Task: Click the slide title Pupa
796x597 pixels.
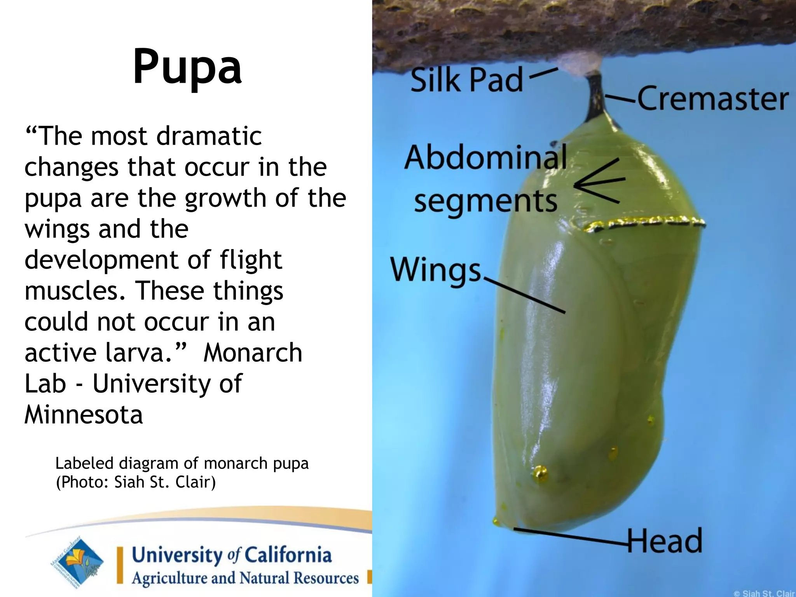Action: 187,67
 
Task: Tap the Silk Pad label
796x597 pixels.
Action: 466,80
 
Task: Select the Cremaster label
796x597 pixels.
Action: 712,99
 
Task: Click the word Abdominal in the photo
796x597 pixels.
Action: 485,157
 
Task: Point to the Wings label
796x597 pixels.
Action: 436,270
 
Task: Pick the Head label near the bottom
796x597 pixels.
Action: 665,541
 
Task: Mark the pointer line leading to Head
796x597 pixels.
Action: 571,536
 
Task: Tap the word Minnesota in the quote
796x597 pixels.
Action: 84,414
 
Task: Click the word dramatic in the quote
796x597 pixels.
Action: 209,136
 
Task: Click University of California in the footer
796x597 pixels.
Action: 232,555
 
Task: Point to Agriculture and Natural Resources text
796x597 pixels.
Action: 245,578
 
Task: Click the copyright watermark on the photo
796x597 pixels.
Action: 763,593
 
